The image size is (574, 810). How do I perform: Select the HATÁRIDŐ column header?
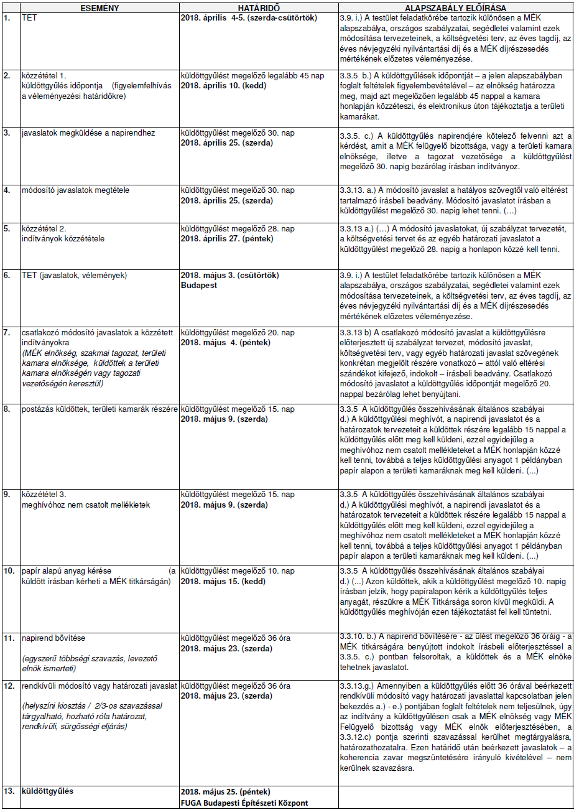[258, 8]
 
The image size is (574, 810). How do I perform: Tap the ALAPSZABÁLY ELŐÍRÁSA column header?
[455, 8]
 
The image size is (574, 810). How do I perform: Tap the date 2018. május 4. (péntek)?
[225, 342]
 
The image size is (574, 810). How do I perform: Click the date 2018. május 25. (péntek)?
[226, 792]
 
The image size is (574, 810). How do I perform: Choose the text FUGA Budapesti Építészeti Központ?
[244, 803]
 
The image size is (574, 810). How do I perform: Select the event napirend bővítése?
[53, 638]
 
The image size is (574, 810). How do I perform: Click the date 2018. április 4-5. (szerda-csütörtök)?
[249, 17]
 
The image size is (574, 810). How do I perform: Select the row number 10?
[9, 570]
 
